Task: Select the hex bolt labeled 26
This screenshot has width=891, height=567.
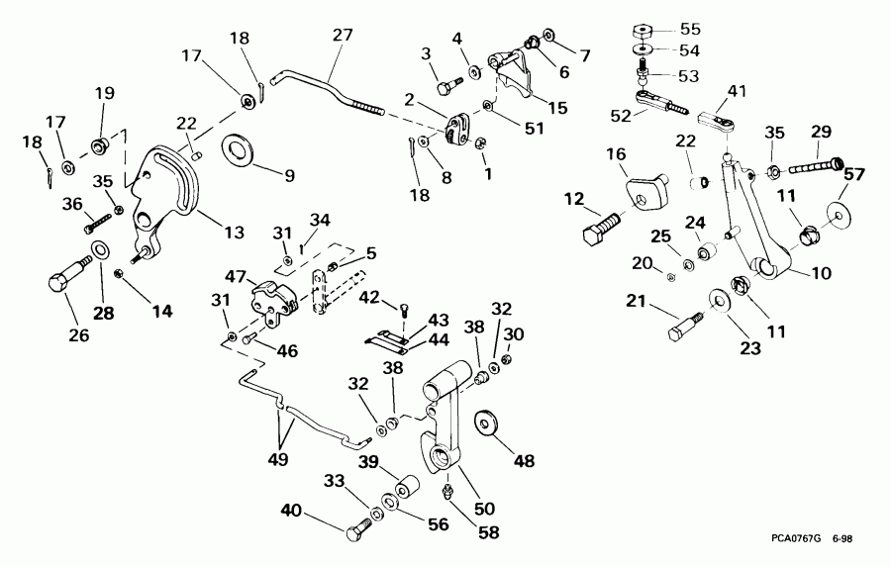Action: [x=64, y=276]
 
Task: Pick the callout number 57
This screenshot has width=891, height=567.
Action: [x=852, y=175]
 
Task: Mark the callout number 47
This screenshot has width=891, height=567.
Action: [x=234, y=276]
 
